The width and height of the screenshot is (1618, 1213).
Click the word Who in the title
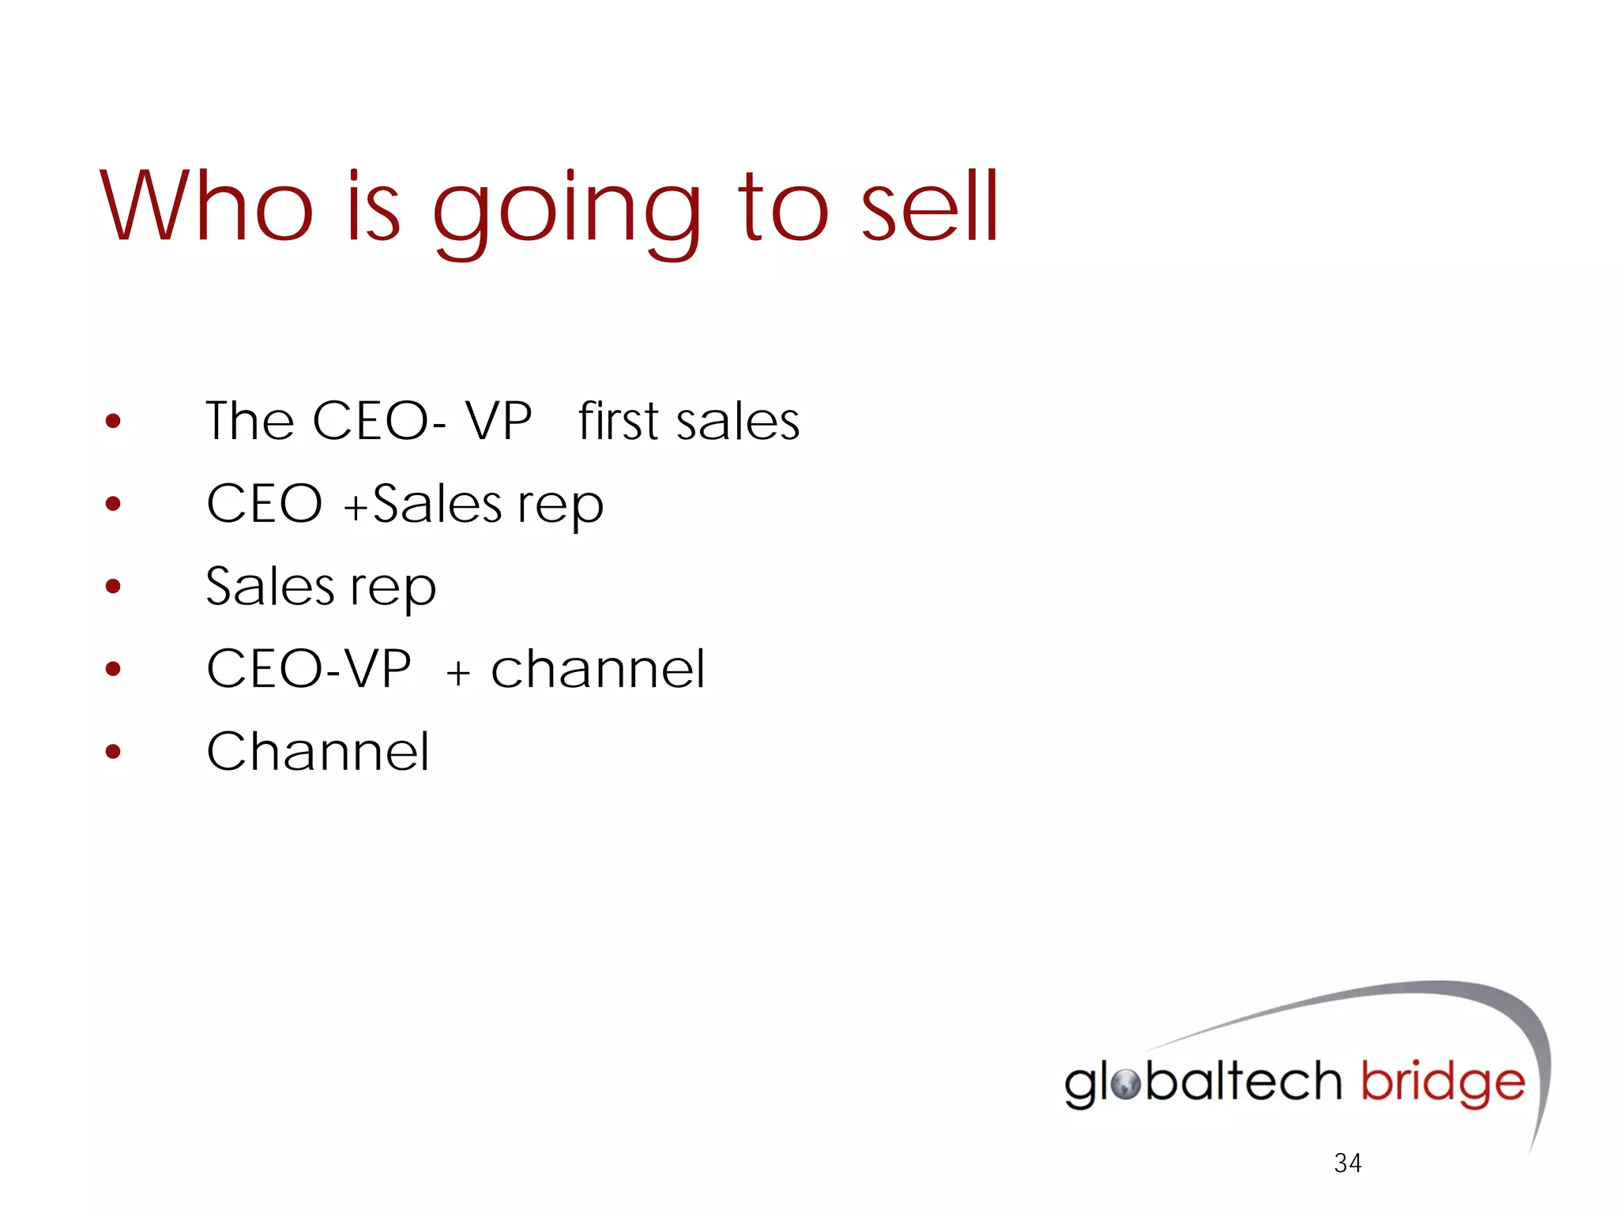[207, 207]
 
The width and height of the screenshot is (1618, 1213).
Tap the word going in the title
[566, 212]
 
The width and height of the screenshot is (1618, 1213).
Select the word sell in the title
[930, 207]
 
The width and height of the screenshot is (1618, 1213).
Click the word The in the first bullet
[250, 420]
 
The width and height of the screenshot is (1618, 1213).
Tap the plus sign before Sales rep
[356, 506]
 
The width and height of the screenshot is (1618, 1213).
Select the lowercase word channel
[597, 669]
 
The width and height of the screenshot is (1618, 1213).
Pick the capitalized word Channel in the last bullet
[318, 751]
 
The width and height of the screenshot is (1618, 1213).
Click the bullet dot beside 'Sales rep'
[113, 586]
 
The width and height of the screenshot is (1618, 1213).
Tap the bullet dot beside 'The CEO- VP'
[113, 421]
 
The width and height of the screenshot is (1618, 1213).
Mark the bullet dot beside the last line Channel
[113, 751]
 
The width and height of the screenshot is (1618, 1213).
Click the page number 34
[1347, 1162]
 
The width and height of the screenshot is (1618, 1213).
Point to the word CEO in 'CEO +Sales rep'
[265, 504]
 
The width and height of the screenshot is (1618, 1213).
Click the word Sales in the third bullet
[270, 587]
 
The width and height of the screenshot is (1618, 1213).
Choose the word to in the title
[783, 207]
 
